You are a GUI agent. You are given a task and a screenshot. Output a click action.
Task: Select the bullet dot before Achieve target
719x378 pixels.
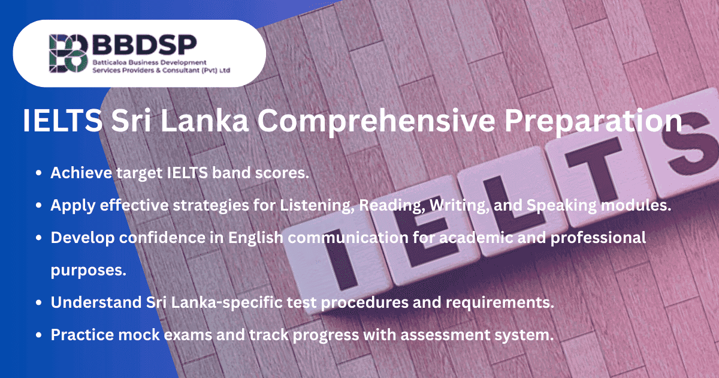click(x=39, y=173)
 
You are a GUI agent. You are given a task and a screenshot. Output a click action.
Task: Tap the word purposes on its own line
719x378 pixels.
click(x=88, y=270)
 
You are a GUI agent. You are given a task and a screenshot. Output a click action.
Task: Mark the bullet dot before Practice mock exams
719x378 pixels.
click(x=39, y=335)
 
